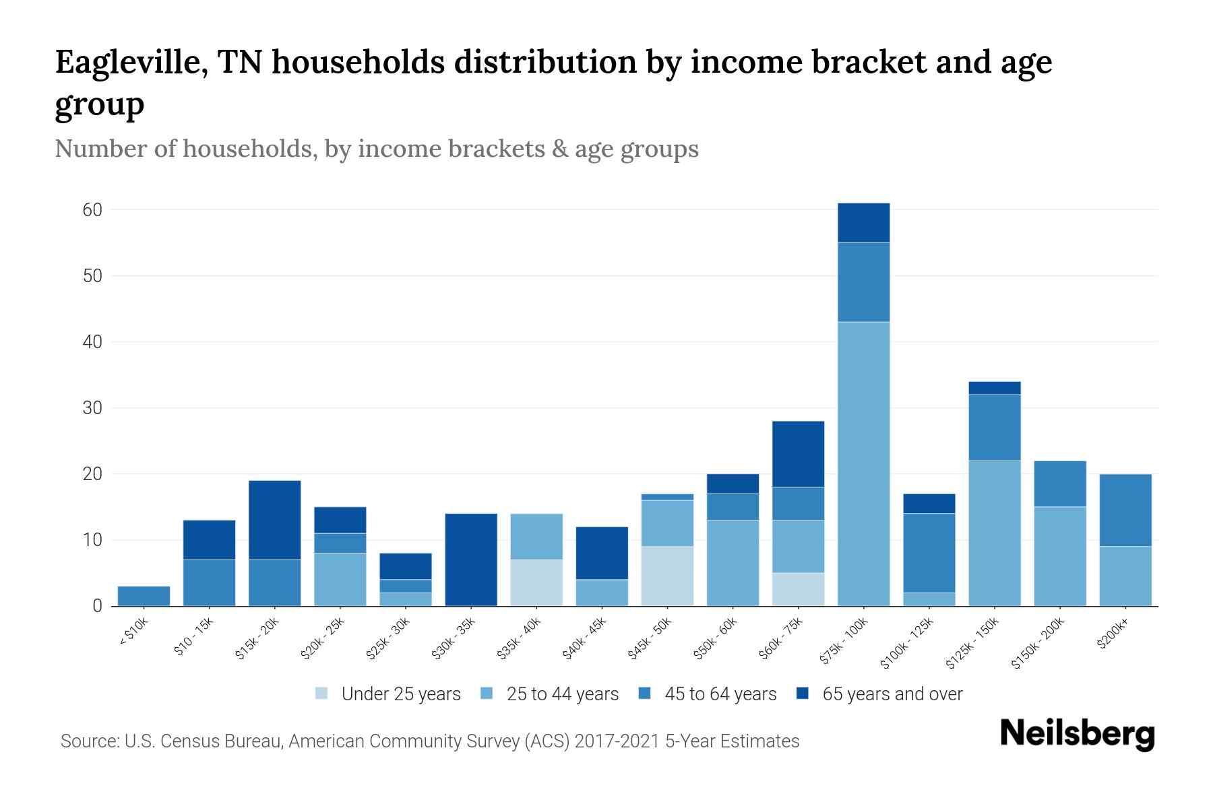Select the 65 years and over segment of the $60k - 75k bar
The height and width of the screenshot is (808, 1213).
(x=798, y=454)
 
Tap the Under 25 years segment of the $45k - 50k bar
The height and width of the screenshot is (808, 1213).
(x=667, y=576)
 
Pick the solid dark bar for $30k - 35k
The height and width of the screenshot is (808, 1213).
(x=471, y=559)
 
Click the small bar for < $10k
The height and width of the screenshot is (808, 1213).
(x=144, y=596)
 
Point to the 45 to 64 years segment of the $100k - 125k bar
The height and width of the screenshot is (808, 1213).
(x=929, y=553)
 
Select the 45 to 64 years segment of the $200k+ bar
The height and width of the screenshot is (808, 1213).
(x=1125, y=510)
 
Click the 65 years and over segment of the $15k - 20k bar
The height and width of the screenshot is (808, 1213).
(x=274, y=520)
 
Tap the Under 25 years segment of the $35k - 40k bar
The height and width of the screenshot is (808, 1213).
(x=536, y=582)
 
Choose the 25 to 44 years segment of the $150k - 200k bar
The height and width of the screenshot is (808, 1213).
(x=1059, y=556)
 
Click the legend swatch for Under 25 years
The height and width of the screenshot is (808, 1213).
(x=322, y=694)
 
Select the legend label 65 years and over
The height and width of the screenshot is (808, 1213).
(x=892, y=694)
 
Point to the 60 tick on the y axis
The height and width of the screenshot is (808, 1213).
(x=92, y=210)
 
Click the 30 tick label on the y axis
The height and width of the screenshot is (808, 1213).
(x=92, y=408)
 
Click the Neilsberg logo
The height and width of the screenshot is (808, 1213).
(x=1077, y=734)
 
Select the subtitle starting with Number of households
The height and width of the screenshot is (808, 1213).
(x=376, y=149)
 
